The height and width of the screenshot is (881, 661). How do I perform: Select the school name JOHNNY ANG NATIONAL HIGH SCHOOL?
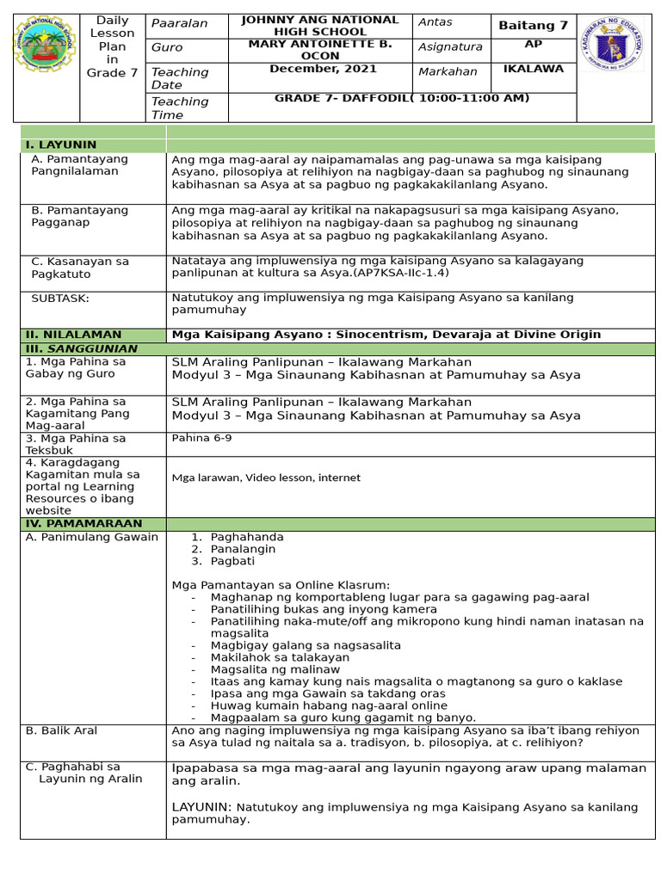[x=319, y=25]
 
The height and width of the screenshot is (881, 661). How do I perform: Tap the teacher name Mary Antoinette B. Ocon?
[x=319, y=50]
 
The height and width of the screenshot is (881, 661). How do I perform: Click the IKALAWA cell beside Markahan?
[x=533, y=69]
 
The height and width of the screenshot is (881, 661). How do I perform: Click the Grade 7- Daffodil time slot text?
[x=402, y=98]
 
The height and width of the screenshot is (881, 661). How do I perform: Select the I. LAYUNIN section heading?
[x=61, y=145]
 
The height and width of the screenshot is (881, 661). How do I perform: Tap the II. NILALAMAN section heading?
[x=73, y=334]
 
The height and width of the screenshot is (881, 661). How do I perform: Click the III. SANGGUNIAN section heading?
[x=81, y=348]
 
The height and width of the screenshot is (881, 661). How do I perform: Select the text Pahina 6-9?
[x=201, y=438]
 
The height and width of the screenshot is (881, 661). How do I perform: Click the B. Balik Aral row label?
[x=61, y=730]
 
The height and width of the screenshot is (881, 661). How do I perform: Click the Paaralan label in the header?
[x=179, y=23]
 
